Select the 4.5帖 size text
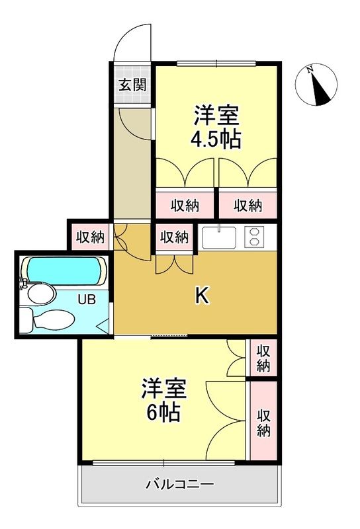[215, 140]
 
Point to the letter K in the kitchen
[202, 296]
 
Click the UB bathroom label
[87, 299]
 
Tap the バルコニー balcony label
[179, 485]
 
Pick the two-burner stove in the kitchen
[254, 237]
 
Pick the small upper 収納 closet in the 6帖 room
[263, 357]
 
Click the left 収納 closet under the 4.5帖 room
[185, 205]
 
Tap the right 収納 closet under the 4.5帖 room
[248, 205]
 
